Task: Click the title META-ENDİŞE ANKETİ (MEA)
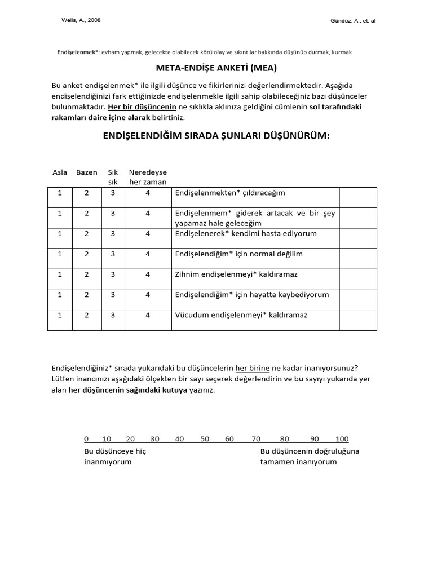(x=216, y=69)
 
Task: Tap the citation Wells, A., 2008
(x=81, y=20)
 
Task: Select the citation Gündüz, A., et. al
(x=353, y=20)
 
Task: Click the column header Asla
(x=60, y=172)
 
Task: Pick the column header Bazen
(x=87, y=172)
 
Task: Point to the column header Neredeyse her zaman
(x=148, y=177)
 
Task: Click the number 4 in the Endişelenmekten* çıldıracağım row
(x=148, y=193)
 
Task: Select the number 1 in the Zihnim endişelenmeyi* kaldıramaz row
(x=60, y=274)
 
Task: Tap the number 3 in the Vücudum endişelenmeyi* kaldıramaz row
(x=113, y=315)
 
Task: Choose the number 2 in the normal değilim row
(x=87, y=254)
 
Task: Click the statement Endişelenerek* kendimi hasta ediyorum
(x=246, y=233)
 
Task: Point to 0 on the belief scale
(x=86, y=438)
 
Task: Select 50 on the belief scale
(x=205, y=438)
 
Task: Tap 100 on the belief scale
(x=342, y=438)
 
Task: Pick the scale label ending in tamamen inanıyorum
(x=310, y=456)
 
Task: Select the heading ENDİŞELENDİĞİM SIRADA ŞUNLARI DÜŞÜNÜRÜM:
(x=216, y=136)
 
